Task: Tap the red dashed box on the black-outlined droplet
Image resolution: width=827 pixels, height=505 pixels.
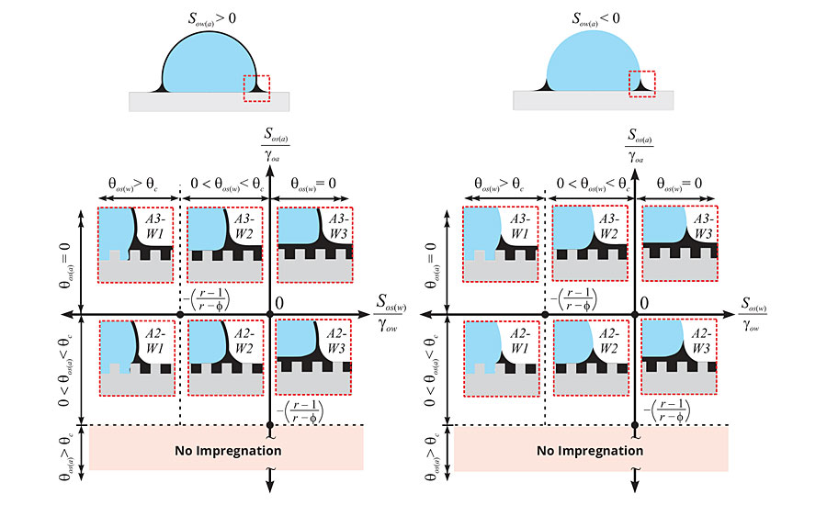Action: click(x=256, y=84)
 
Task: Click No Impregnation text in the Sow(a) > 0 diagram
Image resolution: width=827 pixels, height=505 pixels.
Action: click(x=227, y=451)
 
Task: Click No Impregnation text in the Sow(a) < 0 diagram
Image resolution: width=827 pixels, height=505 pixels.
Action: click(x=592, y=451)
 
